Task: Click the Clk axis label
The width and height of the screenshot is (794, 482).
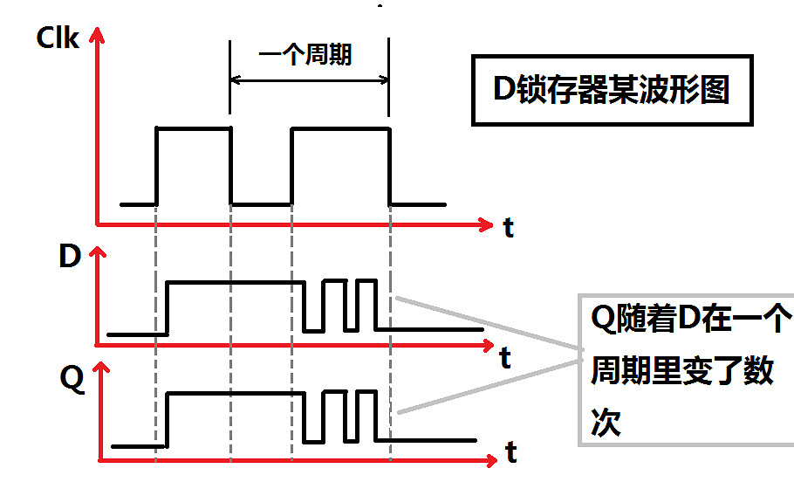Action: (58, 38)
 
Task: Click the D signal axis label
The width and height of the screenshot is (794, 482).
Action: (69, 257)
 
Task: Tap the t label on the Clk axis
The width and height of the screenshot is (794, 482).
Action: (508, 229)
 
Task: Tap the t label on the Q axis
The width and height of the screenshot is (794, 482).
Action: (510, 452)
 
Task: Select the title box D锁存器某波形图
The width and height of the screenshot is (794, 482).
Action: (611, 91)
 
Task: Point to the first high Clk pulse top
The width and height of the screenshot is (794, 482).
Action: (193, 128)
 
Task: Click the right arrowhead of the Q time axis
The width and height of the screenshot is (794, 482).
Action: (490, 458)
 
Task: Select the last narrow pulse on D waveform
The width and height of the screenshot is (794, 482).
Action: (367, 282)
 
